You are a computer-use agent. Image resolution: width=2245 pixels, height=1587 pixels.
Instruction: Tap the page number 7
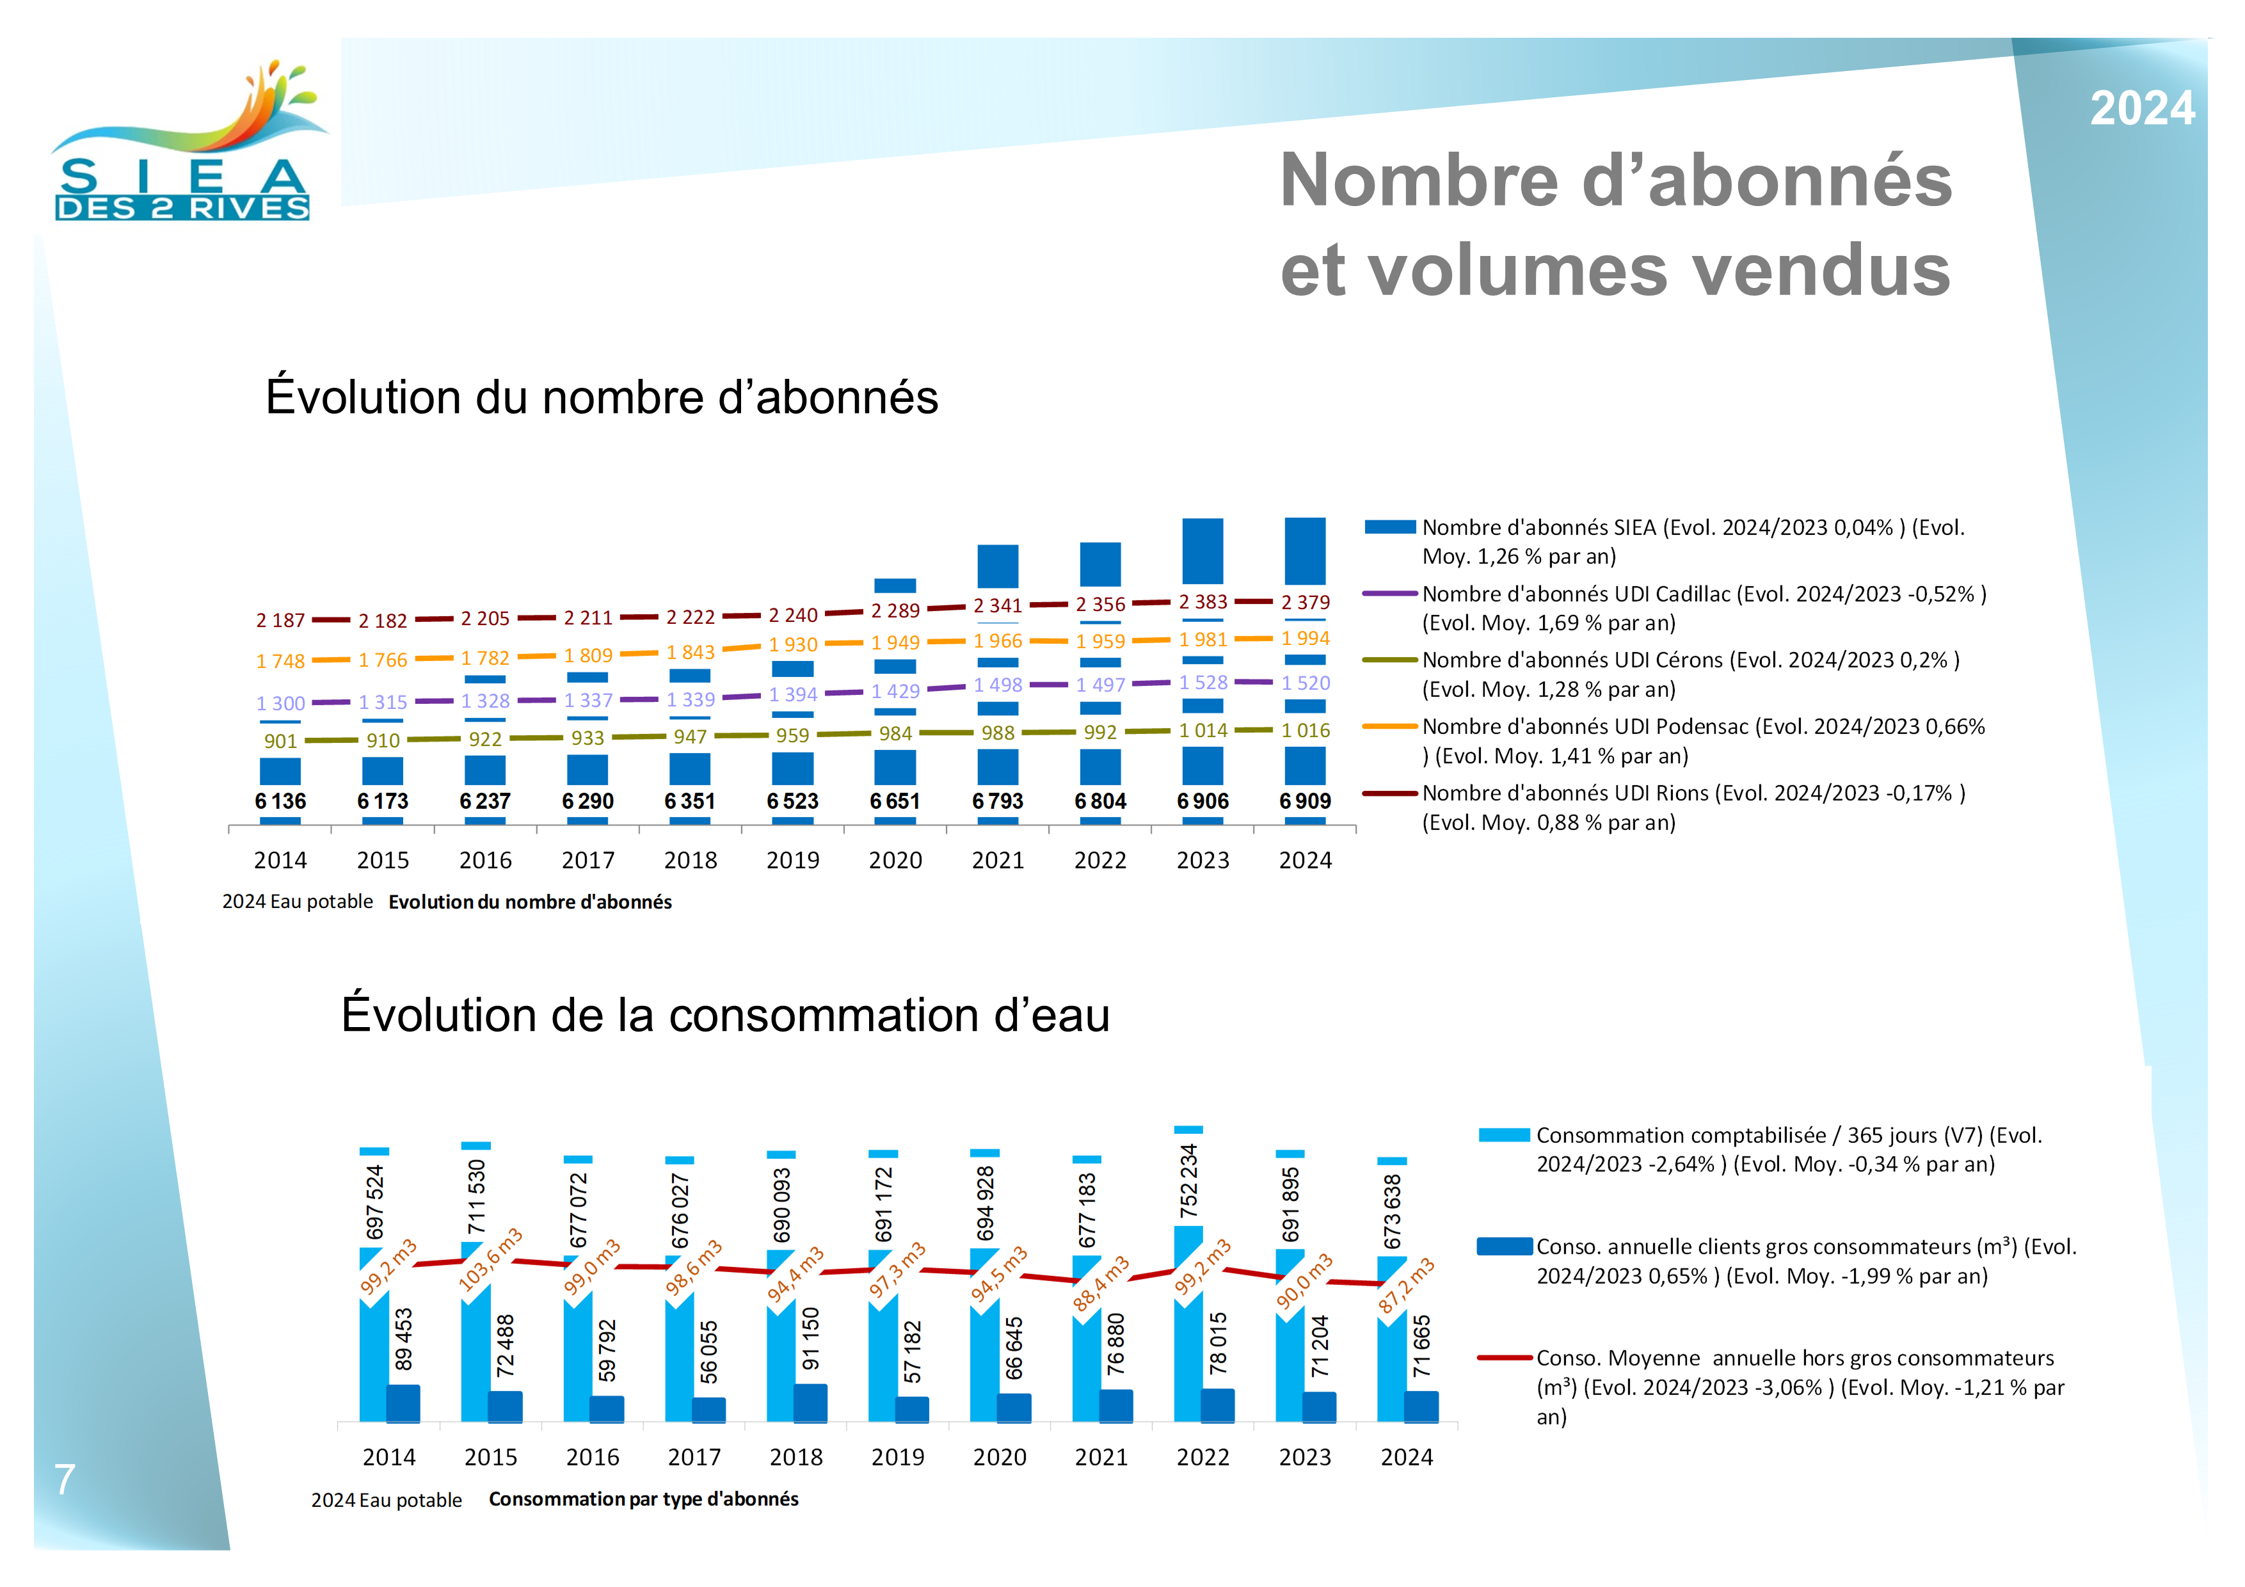65,1479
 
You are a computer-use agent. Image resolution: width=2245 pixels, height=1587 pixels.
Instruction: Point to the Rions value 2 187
280,621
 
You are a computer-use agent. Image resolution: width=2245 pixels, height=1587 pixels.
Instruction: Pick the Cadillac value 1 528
1202,683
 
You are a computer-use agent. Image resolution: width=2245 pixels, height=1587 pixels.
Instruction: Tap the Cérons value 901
280,741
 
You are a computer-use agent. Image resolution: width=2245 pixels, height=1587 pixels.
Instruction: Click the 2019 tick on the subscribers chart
792,861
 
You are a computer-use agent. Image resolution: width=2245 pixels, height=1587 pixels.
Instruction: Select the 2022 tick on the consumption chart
1202,1457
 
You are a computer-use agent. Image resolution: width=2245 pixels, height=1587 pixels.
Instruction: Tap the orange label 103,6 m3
491,1261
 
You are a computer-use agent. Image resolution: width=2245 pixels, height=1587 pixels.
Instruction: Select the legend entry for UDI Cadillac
1704,608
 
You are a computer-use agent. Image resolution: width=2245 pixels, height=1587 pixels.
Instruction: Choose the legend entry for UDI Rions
1693,808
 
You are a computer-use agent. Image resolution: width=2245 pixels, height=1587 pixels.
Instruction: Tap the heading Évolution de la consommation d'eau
726,1015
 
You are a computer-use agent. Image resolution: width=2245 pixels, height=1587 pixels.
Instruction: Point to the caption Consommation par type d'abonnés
643,1499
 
